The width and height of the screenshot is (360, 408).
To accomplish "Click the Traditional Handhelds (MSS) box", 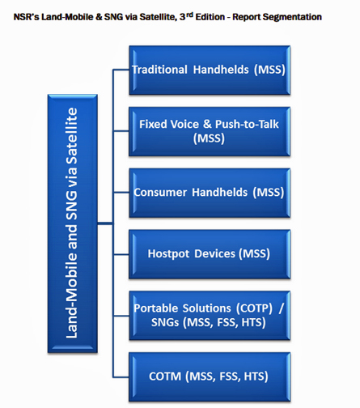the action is point(210,70).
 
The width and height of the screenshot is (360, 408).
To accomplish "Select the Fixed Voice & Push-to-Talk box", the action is point(210,131).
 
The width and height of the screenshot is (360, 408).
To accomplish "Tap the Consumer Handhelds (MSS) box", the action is point(210,193).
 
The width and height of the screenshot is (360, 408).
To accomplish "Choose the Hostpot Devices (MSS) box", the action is point(210,254).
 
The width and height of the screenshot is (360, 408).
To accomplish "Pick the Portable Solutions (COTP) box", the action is point(210,315).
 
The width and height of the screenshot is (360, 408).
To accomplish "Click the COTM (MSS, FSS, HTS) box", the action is point(210,376).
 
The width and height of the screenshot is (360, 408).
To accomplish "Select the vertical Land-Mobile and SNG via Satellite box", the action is point(73,223).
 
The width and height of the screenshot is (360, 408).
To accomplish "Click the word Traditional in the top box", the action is point(159,70).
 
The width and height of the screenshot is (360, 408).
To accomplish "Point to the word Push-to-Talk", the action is point(247,124).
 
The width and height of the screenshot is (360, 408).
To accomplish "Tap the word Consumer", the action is point(160,193).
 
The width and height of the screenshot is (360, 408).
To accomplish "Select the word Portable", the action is point(155,308).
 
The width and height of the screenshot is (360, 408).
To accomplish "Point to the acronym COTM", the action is point(165,376).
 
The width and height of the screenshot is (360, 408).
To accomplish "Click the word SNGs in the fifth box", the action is point(165,322).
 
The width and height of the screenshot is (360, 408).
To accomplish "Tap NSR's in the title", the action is point(26,17).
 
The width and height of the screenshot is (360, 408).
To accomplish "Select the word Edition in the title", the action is point(210,17).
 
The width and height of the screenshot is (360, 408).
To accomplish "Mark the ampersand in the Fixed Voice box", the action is point(207,124).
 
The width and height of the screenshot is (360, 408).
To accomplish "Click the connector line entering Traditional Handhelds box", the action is point(121,70).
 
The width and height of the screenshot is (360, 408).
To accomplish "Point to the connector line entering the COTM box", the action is point(121,376).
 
